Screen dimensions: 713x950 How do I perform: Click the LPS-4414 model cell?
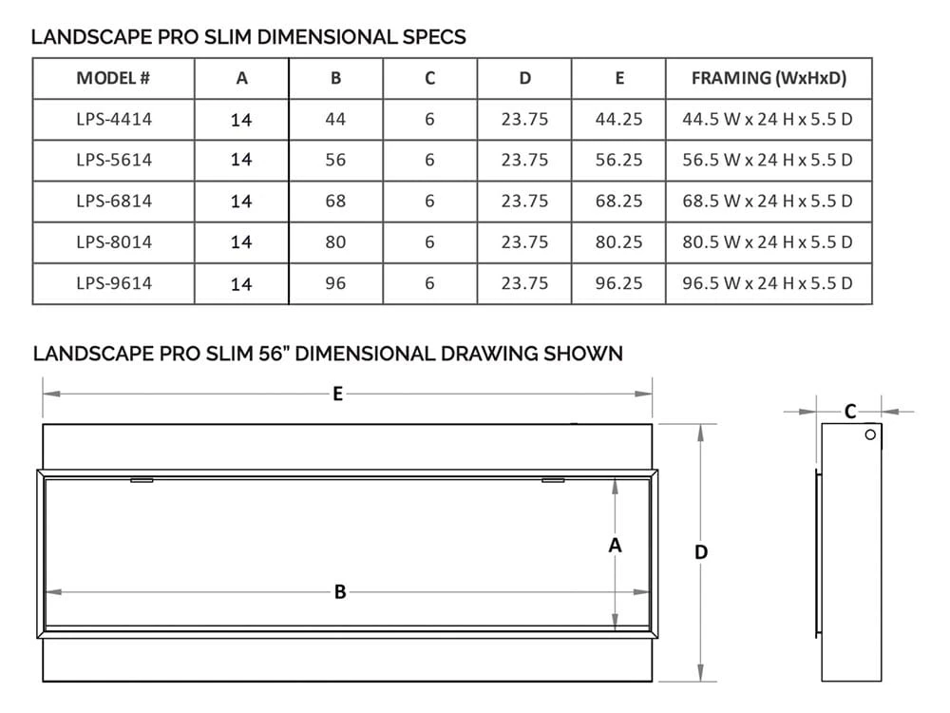click(x=113, y=119)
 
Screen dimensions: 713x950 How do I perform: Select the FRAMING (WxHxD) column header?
click(x=768, y=78)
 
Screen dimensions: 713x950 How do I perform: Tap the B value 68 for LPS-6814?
click(x=335, y=201)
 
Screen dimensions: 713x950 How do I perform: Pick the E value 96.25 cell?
click(x=618, y=283)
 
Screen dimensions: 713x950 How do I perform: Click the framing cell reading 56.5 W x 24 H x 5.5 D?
click(x=768, y=160)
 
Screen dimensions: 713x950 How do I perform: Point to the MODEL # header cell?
click(x=113, y=78)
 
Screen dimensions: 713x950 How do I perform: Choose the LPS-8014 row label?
click(x=113, y=241)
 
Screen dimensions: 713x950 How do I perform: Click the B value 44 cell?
click(x=335, y=119)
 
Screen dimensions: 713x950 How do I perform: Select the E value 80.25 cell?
click(x=618, y=241)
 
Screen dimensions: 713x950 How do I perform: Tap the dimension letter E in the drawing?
click(x=337, y=394)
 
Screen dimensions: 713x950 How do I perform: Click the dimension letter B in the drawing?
click(x=339, y=592)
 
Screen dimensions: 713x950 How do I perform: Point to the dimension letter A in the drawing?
click(x=615, y=546)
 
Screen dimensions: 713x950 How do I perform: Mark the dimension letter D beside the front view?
click(x=701, y=552)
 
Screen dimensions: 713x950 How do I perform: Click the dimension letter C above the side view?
click(x=850, y=411)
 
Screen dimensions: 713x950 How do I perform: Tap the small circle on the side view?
click(x=870, y=435)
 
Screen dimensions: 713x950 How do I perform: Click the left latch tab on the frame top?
click(x=142, y=480)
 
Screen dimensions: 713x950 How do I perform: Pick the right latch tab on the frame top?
click(x=552, y=480)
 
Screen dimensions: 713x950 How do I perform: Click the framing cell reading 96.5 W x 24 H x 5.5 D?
click(x=768, y=283)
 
